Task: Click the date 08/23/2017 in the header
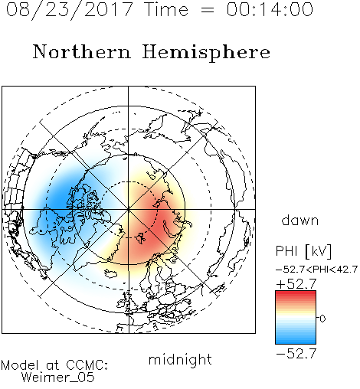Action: pos(70,10)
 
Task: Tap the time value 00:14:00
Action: pos(270,9)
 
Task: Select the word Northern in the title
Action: pos(81,51)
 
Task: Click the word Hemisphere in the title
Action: pos(206,53)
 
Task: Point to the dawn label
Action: pos(300,220)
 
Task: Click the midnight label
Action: pos(180,359)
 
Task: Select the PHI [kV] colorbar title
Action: pos(303,251)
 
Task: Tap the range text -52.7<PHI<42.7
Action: pos(316,270)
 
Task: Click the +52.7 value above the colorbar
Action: pos(296,284)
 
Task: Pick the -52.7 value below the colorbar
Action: pos(296,354)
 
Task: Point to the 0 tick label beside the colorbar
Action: pos(322,319)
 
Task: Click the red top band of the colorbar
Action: pos(296,293)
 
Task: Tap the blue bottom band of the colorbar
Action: pos(296,341)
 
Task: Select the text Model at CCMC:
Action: pos(54,365)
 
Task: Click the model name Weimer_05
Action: pos(58,378)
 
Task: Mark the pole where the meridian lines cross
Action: pos(129,209)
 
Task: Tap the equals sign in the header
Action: pos(207,10)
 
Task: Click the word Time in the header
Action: pos(166,9)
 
